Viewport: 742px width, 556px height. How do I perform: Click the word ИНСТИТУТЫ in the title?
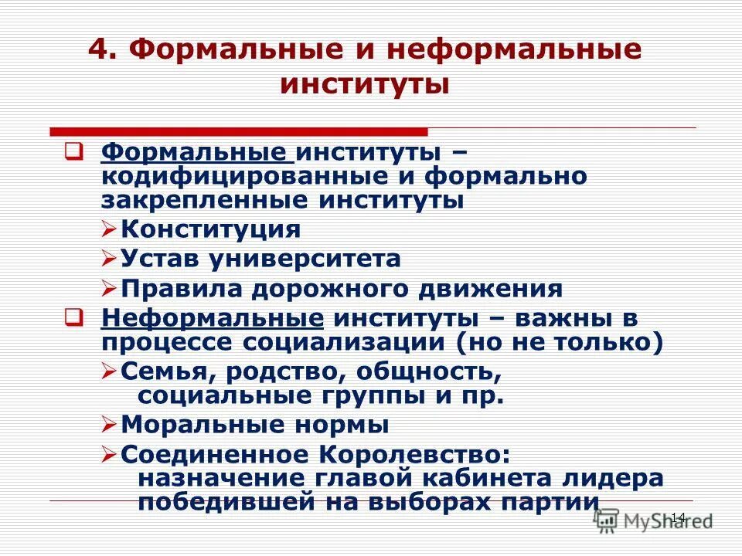[x=364, y=83]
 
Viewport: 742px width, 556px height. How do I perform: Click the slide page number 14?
[x=678, y=517]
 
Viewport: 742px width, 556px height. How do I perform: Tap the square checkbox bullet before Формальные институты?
[x=73, y=151]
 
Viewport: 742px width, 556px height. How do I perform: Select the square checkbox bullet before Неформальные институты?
[x=73, y=317]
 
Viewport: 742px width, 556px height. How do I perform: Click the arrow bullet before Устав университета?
[x=109, y=259]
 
